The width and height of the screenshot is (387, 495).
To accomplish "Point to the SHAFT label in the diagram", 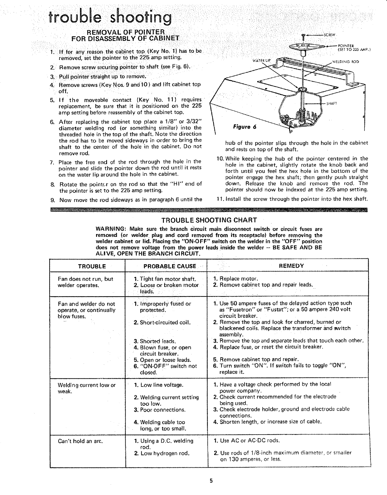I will pyautogui.click(x=331, y=103).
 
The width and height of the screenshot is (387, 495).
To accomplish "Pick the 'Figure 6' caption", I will pyautogui.click(x=244, y=127).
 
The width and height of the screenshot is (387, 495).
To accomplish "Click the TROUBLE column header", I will pyautogui.click(x=92, y=266).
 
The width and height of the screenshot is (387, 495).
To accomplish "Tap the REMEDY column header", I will pyautogui.click(x=291, y=266).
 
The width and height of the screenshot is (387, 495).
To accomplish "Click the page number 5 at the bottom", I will pyautogui.click(x=211, y=481).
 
